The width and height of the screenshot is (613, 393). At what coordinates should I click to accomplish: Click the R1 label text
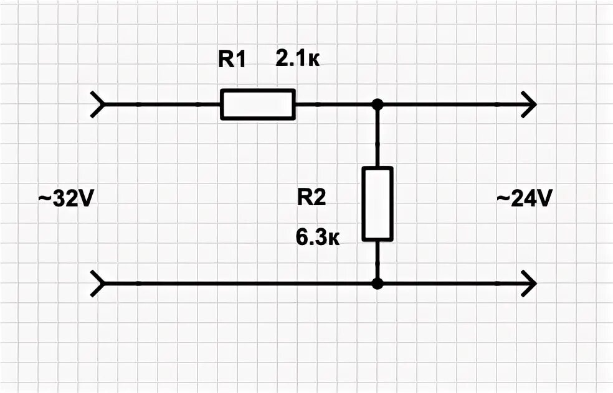pos(232,60)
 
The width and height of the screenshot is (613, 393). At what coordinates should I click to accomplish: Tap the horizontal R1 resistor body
pos(257,104)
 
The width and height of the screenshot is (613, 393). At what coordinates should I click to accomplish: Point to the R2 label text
pos(311,198)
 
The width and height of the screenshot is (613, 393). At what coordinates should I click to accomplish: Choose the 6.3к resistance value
pos(317,238)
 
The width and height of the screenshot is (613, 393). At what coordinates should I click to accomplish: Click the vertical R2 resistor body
pos(378,203)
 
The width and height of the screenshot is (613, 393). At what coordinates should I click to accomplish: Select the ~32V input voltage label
pos(65,199)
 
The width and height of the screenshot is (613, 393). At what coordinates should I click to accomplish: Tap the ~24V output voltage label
pos(524,199)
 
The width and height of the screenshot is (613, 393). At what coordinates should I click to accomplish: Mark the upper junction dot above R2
pos(377,104)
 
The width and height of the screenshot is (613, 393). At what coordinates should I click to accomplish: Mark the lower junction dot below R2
pos(377,284)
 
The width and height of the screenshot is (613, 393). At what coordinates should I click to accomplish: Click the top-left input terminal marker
pos(97,104)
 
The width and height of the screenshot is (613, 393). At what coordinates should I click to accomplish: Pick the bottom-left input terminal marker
pos(97,284)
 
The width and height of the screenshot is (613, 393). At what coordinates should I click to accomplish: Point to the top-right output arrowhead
pos(529,104)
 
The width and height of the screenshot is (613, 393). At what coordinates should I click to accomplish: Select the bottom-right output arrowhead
pos(529,284)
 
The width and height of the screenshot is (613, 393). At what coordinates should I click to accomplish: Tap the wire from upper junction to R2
pos(377,137)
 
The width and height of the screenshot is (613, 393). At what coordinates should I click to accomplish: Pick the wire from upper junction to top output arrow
pos(449,104)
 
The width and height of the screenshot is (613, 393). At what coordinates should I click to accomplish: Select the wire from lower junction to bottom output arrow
pos(449,284)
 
